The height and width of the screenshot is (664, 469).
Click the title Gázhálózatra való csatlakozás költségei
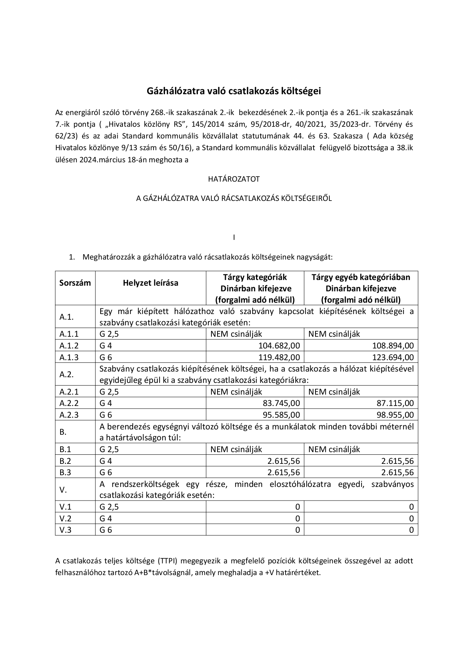pos(234,91)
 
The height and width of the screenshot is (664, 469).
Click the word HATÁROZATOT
pos(234,179)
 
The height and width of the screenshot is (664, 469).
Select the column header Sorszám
pos(75,283)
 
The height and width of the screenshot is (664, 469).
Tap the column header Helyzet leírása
pos(150,283)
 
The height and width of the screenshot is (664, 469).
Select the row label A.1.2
pos(69,345)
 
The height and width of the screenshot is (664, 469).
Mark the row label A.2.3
pos(69,415)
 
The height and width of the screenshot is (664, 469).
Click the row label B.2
pos(65,461)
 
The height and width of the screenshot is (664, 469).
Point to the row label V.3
pos(65,530)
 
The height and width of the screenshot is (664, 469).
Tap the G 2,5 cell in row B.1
pos(109,449)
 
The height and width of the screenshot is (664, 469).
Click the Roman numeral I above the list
pos(234,238)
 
